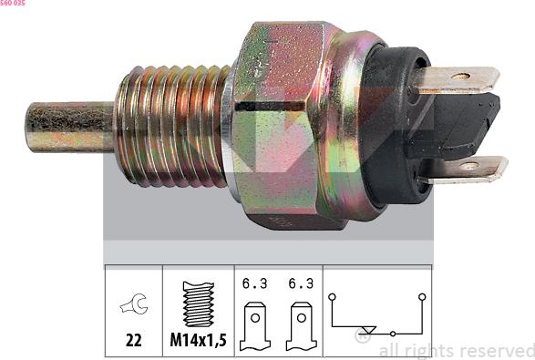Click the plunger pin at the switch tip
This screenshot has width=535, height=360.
point(70,127)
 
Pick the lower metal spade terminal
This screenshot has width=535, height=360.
point(463,169)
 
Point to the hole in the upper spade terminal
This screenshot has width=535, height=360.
point(460,77)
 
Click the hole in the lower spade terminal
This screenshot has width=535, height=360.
point(469,166)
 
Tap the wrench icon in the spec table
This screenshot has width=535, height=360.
point(134,303)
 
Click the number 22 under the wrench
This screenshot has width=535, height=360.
point(133,340)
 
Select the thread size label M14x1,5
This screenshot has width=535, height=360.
point(199,340)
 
